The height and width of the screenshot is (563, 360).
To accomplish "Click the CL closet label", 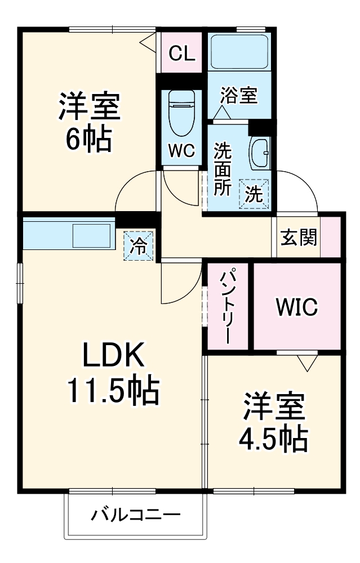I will pos(182,54).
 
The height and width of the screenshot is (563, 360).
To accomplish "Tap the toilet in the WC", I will pos(181,113).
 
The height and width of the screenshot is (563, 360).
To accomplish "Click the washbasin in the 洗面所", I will pos(260,152).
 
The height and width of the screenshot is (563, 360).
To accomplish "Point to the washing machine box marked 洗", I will pos(254,194).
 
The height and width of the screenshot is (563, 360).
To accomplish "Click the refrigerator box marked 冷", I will pos(138,245).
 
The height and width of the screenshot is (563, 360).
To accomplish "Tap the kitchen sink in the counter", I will pos(92,235).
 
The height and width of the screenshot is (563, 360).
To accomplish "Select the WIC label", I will pos(296,307).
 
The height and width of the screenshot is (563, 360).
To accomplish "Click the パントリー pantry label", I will pos(227,307).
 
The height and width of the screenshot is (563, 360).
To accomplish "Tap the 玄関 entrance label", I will pos(299,238).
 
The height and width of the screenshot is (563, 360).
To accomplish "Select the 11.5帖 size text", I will pos(113,391).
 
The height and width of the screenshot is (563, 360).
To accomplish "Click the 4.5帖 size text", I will pos(274,439).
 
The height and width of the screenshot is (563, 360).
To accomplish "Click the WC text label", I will pos(181,150).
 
